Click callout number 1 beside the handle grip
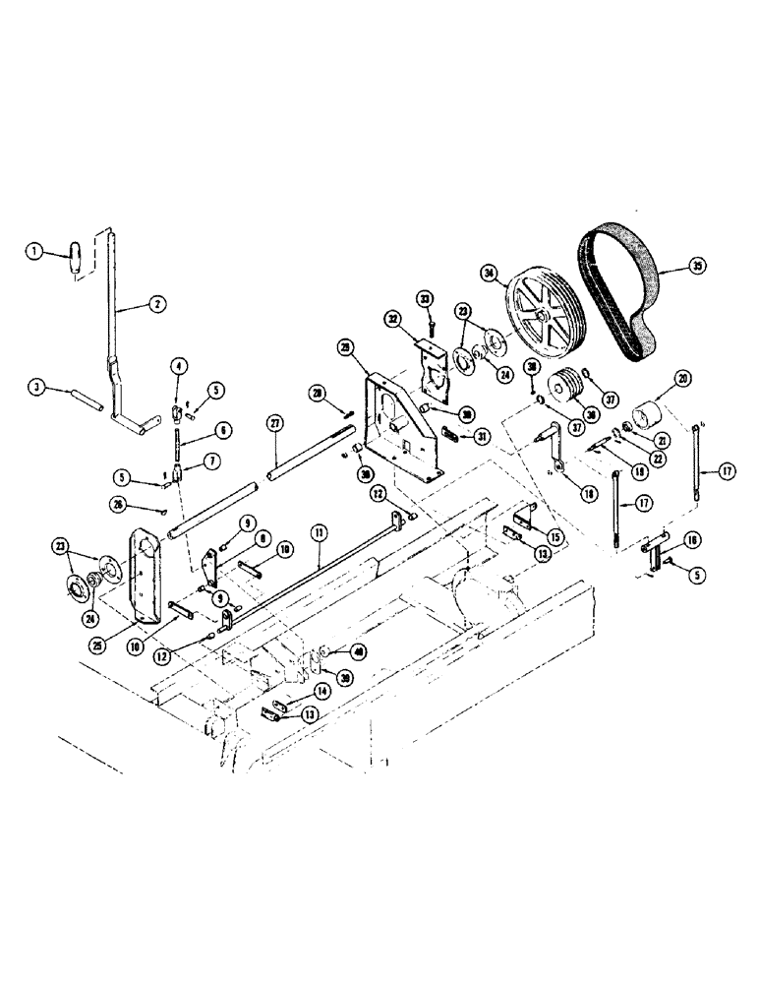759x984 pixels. (x=35, y=252)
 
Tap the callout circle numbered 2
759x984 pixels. (x=156, y=306)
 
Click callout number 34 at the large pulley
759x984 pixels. (x=489, y=272)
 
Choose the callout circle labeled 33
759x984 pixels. (x=425, y=298)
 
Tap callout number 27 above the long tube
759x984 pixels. (x=274, y=422)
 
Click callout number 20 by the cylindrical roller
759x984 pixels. (x=681, y=379)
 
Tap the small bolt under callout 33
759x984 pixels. (x=431, y=324)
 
